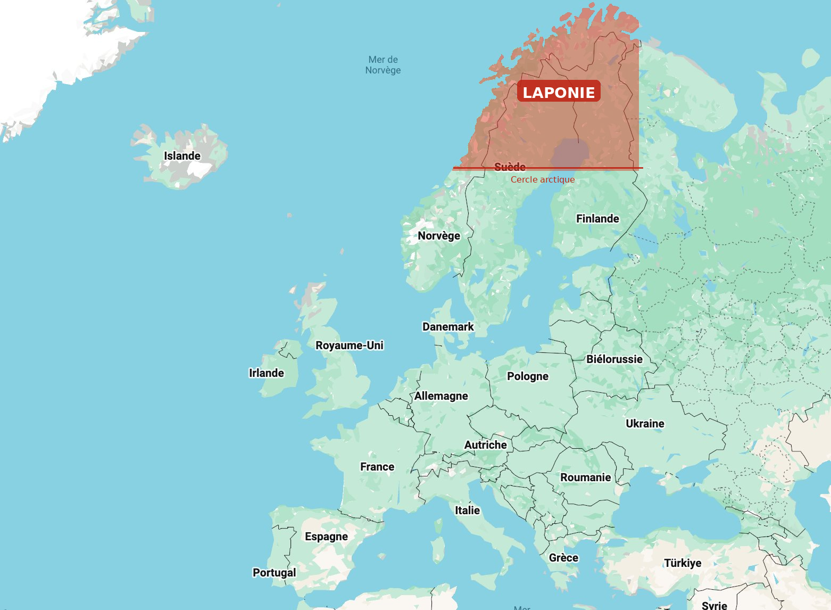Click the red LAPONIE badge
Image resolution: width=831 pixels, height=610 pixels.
(x=559, y=92)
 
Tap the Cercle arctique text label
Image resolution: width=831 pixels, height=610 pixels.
(x=543, y=179)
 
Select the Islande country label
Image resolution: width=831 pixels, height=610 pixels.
(x=182, y=156)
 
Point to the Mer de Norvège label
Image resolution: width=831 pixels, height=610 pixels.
(x=383, y=65)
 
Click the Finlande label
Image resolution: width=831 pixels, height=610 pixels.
(x=597, y=219)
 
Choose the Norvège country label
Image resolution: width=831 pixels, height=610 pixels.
(x=439, y=236)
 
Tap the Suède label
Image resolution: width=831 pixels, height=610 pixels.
(x=510, y=167)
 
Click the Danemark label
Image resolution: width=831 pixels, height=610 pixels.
(x=448, y=327)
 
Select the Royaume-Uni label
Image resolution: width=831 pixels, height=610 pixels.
(x=350, y=345)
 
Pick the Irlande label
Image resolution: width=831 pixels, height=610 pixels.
(x=267, y=373)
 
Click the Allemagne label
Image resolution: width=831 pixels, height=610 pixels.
(x=441, y=396)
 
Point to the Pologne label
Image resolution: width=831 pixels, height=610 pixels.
(x=528, y=376)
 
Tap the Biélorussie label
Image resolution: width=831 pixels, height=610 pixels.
(x=614, y=359)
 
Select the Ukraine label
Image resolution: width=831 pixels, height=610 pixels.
(x=645, y=424)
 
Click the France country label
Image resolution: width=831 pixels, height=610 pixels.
(x=377, y=467)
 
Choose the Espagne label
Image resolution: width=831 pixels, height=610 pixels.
(x=326, y=537)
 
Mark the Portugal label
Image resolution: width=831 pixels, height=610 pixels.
(x=274, y=573)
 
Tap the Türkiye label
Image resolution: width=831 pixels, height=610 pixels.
(x=683, y=563)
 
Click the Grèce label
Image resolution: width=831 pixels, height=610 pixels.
(x=563, y=558)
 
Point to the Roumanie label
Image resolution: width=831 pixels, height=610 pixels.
(x=585, y=477)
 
